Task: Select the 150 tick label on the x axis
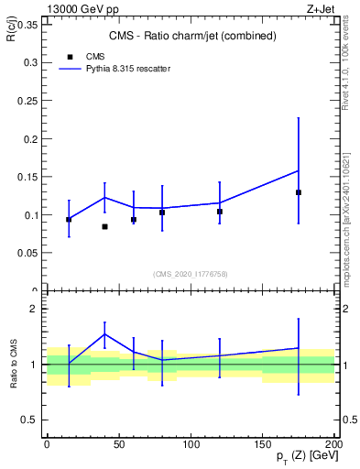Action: (x=263, y=444)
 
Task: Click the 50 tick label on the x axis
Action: (x=119, y=444)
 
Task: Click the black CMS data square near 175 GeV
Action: (x=299, y=192)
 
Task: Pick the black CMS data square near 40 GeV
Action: (x=104, y=226)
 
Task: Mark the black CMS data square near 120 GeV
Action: (x=219, y=212)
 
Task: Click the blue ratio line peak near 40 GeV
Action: (x=104, y=333)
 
